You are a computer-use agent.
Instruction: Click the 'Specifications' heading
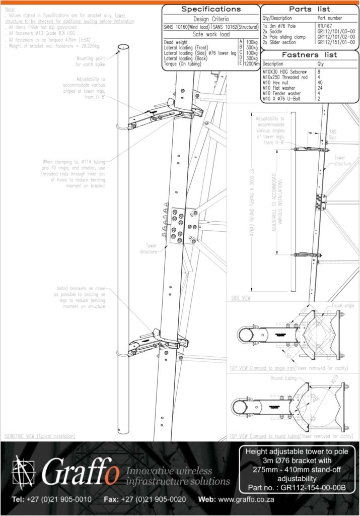click(210, 10)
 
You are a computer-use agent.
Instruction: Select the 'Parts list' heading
click(310, 9)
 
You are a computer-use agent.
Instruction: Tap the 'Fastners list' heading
click(310, 54)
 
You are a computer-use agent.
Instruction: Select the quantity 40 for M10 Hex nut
click(321, 82)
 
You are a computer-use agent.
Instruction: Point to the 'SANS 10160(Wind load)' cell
click(187, 27)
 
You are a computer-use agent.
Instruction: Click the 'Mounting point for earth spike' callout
click(92, 61)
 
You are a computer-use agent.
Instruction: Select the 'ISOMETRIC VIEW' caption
click(39, 435)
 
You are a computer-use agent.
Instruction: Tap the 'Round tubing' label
click(283, 378)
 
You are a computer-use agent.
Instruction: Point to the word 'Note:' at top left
click(10, 9)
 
